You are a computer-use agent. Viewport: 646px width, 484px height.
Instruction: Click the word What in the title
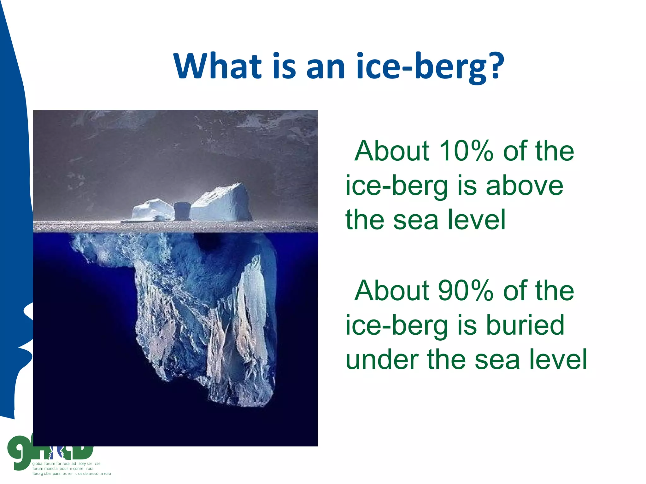coord(218,66)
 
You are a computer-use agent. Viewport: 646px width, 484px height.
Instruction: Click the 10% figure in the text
coord(466,151)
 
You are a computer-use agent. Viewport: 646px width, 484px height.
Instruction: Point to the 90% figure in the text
coord(466,291)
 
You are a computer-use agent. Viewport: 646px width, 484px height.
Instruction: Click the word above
coord(524,186)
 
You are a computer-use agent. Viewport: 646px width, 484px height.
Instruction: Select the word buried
coord(525,325)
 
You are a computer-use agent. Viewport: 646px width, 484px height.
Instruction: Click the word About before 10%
coord(392,151)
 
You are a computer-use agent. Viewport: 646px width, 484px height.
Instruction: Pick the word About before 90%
coord(392,291)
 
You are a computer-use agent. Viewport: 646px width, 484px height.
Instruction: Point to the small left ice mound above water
coord(151,210)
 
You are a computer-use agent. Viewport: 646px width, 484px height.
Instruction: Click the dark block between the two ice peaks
coord(182,211)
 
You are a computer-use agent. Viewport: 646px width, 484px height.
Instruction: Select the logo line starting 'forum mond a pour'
coord(63,469)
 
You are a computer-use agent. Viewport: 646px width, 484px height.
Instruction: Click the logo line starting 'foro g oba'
coord(71,474)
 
